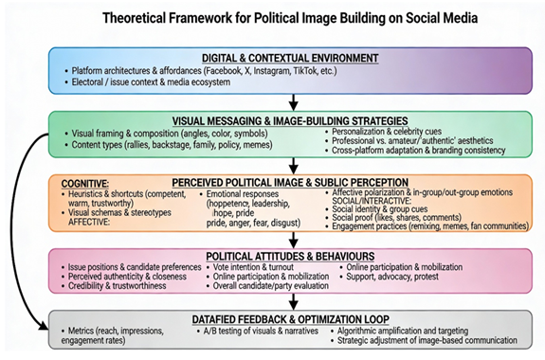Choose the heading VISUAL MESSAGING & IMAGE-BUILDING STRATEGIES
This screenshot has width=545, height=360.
click(x=291, y=120)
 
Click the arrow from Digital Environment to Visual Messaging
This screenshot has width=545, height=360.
click(x=293, y=102)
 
